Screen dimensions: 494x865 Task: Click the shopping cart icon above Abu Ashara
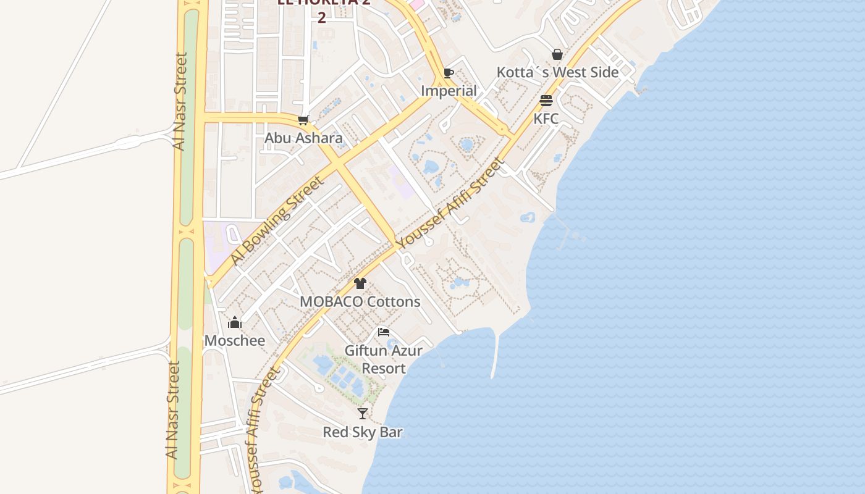click(x=303, y=120)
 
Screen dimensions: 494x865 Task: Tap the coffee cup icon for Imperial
click(x=449, y=73)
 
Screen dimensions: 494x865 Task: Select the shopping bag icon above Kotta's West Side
click(x=557, y=54)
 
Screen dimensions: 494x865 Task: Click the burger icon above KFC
click(x=546, y=101)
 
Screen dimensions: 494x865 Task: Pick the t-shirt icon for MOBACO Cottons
click(x=360, y=283)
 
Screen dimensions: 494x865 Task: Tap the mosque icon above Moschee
click(x=235, y=322)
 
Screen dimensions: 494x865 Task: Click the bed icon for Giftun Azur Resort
click(x=384, y=332)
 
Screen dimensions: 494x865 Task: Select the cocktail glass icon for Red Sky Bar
click(x=363, y=414)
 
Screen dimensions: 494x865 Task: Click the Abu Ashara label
click(x=303, y=138)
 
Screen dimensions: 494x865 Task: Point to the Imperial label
click(x=449, y=91)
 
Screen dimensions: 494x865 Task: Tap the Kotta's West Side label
click(x=557, y=72)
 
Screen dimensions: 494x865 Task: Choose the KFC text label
click(x=546, y=119)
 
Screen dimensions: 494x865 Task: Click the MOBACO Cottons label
click(x=360, y=302)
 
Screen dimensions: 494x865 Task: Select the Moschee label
click(x=235, y=341)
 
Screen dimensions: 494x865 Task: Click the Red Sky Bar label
click(x=363, y=432)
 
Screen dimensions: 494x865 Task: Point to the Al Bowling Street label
click(x=277, y=220)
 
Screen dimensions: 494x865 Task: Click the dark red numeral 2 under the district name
click(x=321, y=17)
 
